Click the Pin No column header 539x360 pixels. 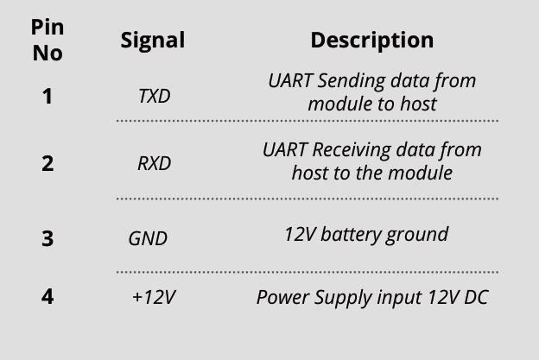pyautogui.click(x=48, y=40)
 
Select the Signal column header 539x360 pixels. pyautogui.click(x=152, y=40)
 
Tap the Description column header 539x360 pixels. pyautogui.click(x=371, y=40)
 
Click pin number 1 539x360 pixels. pyautogui.click(x=48, y=96)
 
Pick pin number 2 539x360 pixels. pyautogui.click(x=48, y=163)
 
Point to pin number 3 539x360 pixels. pyautogui.click(x=48, y=238)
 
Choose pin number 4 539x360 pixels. pyautogui.click(x=48, y=296)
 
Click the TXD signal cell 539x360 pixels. pyautogui.click(x=154, y=96)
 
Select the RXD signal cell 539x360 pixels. pyautogui.click(x=154, y=163)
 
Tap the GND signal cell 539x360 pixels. pyautogui.click(x=148, y=238)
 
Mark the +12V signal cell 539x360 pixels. pyautogui.click(x=154, y=298)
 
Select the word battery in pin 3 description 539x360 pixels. pyautogui.click(x=356, y=234)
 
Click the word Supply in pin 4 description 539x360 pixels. pyautogui.click(x=344, y=298)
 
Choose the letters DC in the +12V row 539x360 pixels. pyautogui.click(x=476, y=298)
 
